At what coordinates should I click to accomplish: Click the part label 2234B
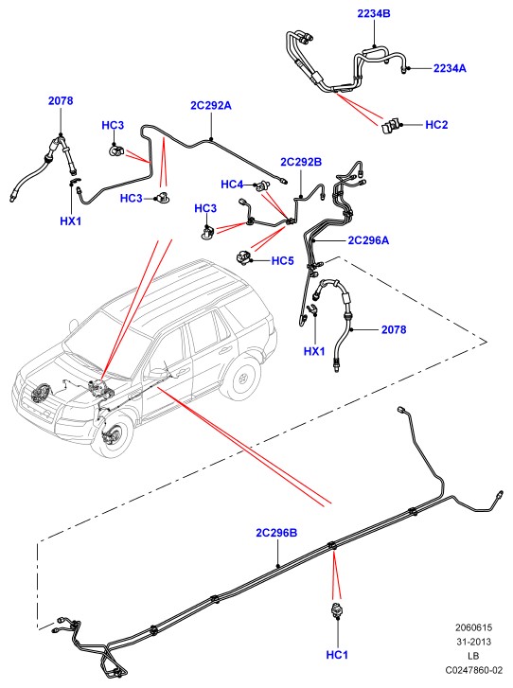pyautogui.click(x=374, y=13)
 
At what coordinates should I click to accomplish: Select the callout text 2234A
pyautogui.click(x=450, y=68)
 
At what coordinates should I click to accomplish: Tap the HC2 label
pyautogui.click(x=436, y=125)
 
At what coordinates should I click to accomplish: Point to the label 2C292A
pyautogui.click(x=211, y=106)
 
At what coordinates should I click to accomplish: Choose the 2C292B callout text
pyautogui.click(x=301, y=163)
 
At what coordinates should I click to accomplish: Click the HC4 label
pyautogui.click(x=232, y=185)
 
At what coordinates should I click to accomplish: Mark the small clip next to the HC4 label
pyautogui.click(x=263, y=186)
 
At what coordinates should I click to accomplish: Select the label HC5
pyautogui.click(x=283, y=261)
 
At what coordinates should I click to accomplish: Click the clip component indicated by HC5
pyautogui.click(x=243, y=256)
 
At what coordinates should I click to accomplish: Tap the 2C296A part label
pyautogui.click(x=368, y=240)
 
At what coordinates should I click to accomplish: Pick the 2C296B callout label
pyautogui.click(x=276, y=533)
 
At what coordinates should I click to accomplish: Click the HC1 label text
pyautogui.click(x=337, y=655)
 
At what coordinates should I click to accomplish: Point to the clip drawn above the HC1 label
pyautogui.click(x=337, y=610)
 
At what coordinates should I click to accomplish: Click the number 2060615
pyautogui.click(x=473, y=627)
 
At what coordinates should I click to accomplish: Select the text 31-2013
pyautogui.click(x=473, y=642)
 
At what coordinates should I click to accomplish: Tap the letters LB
pyautogui.click(x=473, y=656)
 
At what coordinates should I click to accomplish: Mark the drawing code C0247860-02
pyautogui.click(x=473, y=670)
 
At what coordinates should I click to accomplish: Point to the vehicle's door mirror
pyautogui.click(x=155, y=374)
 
